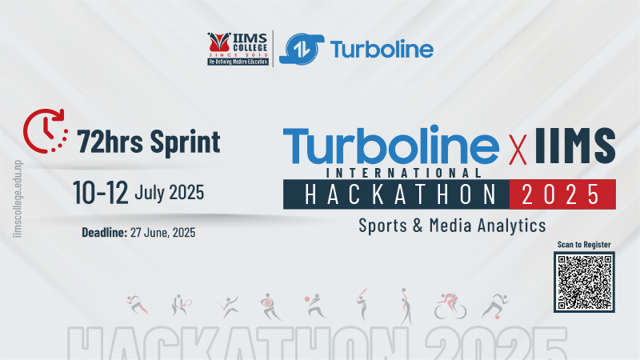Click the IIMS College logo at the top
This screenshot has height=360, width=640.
[x=238, y=49]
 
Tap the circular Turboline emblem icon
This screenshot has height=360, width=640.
[x=302, y=49]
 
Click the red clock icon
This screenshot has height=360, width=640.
[x=46, y=131]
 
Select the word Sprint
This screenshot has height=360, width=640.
[x=185, y=142]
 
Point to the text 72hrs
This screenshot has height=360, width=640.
[x=110, y=142]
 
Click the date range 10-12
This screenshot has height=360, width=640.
[x=101, y=192]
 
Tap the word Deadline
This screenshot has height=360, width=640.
[x=105, y=232]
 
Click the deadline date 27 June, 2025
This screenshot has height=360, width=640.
[x=163, y=233]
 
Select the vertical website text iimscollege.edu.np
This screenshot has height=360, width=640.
[x=18, y=198]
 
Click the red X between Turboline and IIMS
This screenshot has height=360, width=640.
[x=518, y=150]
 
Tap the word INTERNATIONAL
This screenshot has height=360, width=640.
[x=404, y=173]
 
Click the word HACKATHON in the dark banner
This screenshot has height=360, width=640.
[x=401, y=194]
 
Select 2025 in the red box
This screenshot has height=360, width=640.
[x=561, y=194]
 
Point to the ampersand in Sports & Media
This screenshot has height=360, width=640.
[x=418, y=226]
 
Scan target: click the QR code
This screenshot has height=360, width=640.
[x=584, y=282]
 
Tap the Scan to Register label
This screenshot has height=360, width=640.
[x=584, y=245]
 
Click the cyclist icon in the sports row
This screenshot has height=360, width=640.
[x=450, y=306]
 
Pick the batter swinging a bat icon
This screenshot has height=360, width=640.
[x=362, y=304]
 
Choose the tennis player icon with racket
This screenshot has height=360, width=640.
[x=181, y=306]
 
